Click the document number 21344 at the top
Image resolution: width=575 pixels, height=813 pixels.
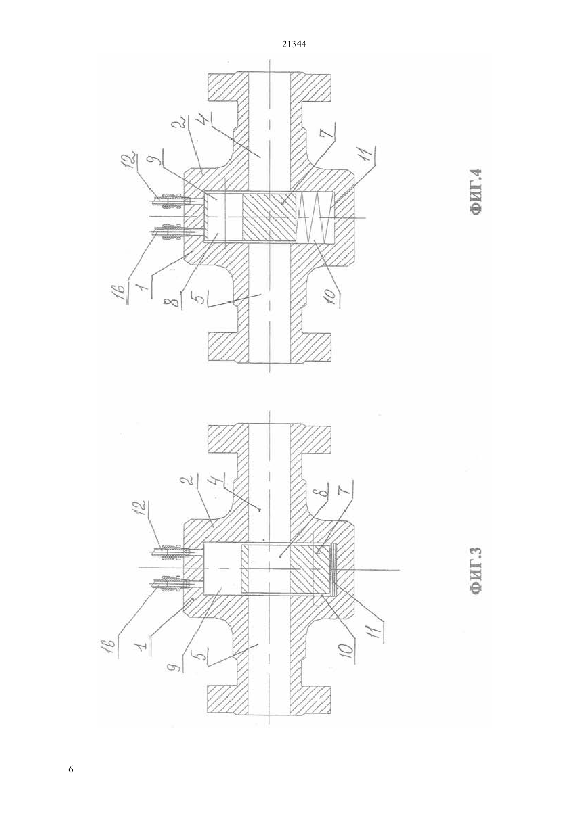click(294, 44)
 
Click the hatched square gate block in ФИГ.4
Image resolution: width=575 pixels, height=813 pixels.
click(269, 217)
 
